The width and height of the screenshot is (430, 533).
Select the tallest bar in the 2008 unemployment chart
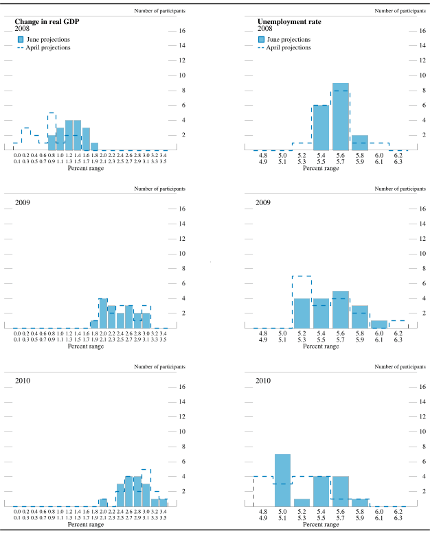(340, 117)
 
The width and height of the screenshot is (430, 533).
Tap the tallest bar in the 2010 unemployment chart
(282, 480)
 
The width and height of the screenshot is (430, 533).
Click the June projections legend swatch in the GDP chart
(21, 40)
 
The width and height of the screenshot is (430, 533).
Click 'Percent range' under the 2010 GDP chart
(86, 524)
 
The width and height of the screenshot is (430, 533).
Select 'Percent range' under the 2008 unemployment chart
(321, 168)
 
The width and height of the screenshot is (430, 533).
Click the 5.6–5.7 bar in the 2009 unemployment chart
(340, 310)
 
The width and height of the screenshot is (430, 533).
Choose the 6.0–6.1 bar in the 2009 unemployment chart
(378, 324)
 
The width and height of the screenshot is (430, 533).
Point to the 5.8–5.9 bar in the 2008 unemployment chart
(359, 143)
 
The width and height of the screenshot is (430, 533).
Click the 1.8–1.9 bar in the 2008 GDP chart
(94, 146)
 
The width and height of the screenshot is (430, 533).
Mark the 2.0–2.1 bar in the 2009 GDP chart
(103, 313)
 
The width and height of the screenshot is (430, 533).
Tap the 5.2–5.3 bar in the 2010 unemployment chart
(302, 503)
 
